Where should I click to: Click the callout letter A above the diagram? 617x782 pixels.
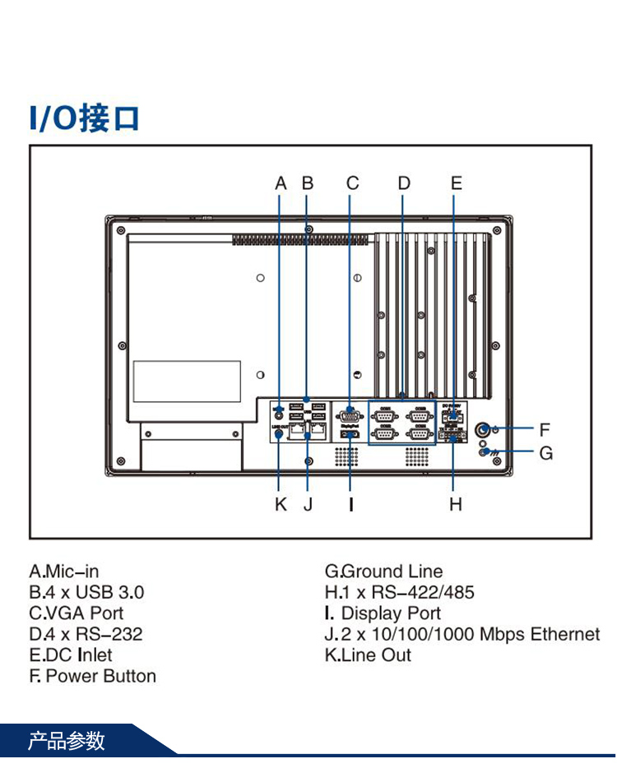pos(281,183)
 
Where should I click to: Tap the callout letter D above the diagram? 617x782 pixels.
pos(403,183)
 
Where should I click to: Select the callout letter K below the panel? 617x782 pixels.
pos(281,504)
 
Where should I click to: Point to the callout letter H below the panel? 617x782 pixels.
pos(456,504)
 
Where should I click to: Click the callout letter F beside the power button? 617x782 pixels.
pos(545,429)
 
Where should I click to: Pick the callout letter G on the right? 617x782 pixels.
pos(545,453)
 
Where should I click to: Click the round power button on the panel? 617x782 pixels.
pos(485,429)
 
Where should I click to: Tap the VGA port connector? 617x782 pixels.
pos(351,414)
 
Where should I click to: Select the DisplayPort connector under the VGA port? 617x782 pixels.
pos(350,433)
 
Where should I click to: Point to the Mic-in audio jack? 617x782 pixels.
pos(281,416)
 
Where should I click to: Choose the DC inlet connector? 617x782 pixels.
pos(453,415)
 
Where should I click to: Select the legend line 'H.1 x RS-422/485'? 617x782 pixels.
pos(399,592)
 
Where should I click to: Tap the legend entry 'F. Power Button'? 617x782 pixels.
pos(92,676)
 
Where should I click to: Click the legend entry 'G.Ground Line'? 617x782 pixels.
pos(383,571)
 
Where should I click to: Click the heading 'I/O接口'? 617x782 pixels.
pos(84,118)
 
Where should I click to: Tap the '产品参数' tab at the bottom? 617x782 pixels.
pos(67,741)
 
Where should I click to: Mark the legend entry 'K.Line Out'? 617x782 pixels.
pos(368,655)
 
